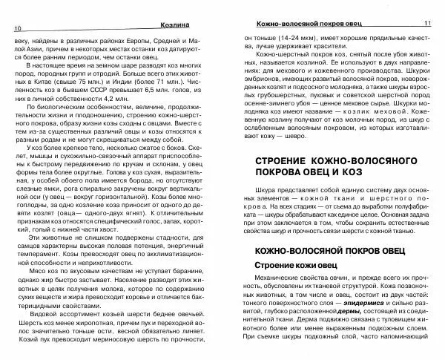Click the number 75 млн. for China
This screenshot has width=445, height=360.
tap(136, 85)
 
